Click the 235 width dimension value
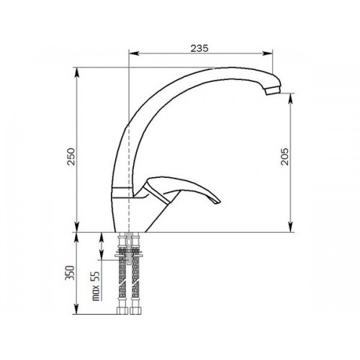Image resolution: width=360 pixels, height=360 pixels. point(199,48)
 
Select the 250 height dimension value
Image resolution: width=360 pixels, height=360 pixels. point(71,157)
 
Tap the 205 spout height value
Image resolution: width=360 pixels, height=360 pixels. point(285,157)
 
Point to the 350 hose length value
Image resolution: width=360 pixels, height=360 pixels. point(70,273)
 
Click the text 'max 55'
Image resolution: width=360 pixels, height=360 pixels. point(96,286)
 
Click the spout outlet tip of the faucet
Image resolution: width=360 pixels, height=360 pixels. point(273,91)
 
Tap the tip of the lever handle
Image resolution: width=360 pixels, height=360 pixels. point(217,202)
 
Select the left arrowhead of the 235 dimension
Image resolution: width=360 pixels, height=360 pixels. point(134,53)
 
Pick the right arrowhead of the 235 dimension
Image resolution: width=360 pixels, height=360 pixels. point(268,53)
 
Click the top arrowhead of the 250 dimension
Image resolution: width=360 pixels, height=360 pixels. point(77,73)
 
